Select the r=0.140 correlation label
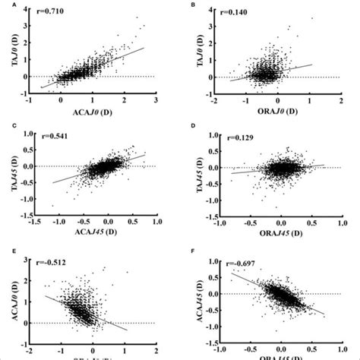[227, 14]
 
